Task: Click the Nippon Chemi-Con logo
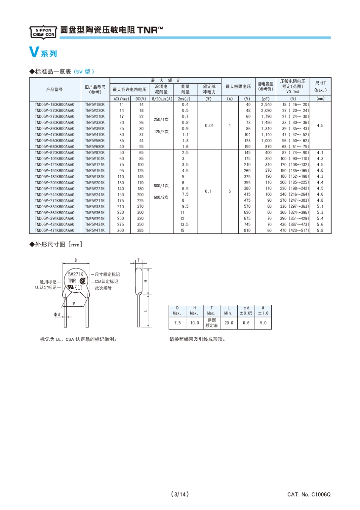[43, 32]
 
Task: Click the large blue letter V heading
[34, 52]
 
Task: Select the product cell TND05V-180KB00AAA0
[55, 105]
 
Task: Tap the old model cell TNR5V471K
[95, 231]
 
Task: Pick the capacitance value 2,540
[266, 105]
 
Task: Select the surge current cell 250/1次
[161, 119]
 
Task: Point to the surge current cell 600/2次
[161, 198]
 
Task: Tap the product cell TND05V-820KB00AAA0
[55, 153]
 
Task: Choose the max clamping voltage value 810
[247, 231]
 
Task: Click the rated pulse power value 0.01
[209, 126]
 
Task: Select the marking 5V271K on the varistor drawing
[75, 274]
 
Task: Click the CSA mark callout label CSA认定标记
[106, 281]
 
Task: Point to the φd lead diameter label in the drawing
[57, 314]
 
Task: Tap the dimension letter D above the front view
[76, 260]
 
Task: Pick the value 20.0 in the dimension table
[229, 323]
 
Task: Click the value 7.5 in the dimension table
[177, 323]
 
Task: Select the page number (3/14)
[180, 494]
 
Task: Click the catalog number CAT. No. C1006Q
[309, 494]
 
